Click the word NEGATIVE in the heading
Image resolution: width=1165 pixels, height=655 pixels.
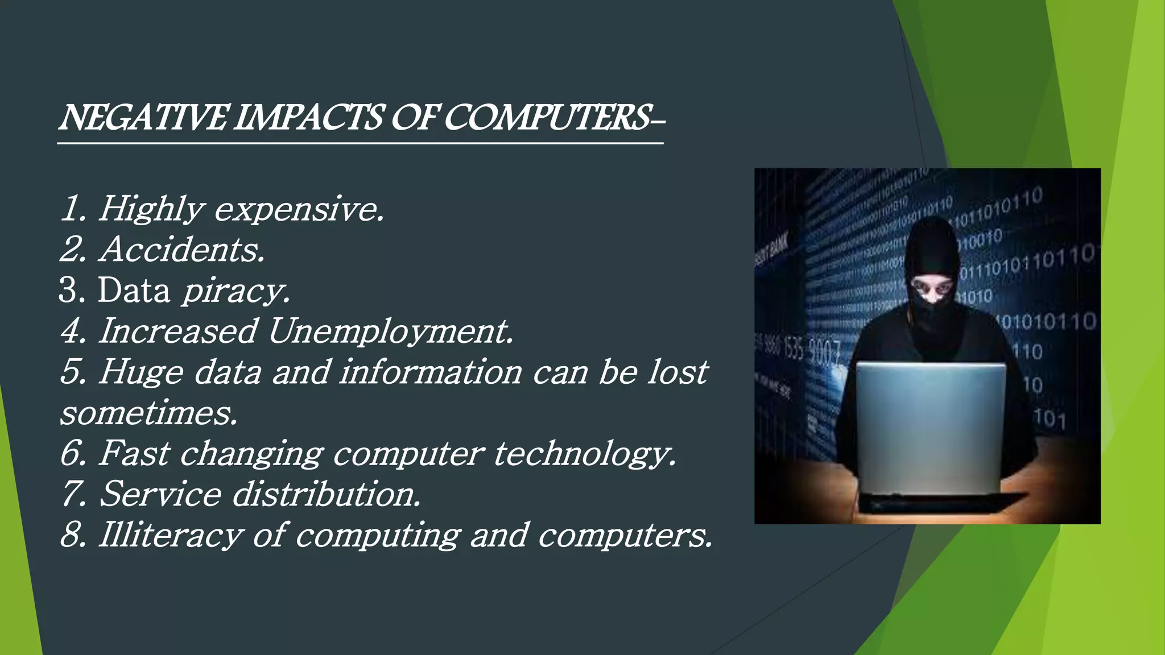click(x=144, y=118)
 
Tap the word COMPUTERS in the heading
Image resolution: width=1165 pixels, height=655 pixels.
click(x=546, y=118)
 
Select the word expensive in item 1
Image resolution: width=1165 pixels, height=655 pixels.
click(x=299, y=209)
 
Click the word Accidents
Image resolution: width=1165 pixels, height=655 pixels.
click(x=182, y=250)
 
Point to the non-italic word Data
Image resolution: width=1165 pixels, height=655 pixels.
click(x=134, y=291)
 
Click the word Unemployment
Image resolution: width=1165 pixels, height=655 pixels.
click(x=390, y=331)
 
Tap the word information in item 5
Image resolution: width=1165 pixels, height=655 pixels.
click(x=431, y=372)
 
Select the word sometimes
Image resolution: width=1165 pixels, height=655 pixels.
click(x=148, y=413)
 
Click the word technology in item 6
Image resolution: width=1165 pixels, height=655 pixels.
click(x=584, y=454)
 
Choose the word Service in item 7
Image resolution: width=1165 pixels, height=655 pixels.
click(x=160, y=494)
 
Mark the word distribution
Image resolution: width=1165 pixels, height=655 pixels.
click(x=327, y=494)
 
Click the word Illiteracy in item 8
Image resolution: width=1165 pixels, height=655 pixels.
click(x=170, y=536)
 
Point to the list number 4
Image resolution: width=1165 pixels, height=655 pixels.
click(x=72, y=331)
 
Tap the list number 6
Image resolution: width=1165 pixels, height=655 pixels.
click(x=72, y=454)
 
